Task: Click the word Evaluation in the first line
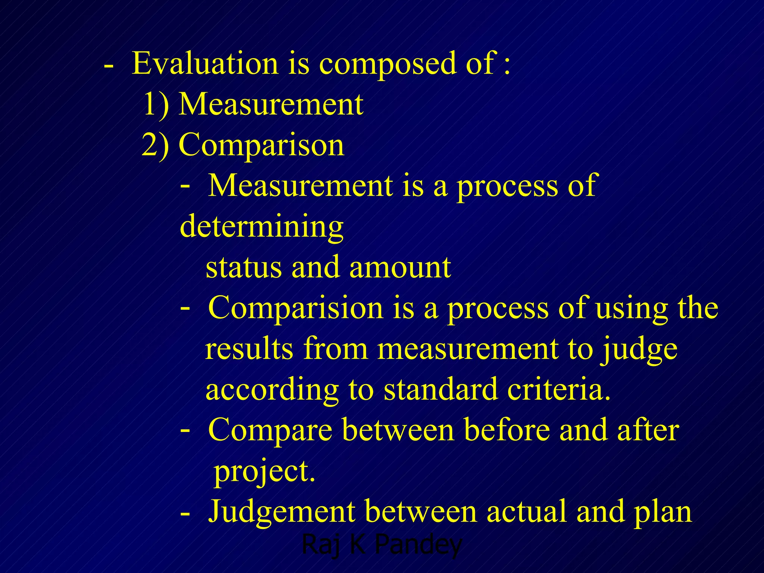pyautogui.click(x=205, y=63)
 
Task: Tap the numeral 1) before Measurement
pyautogui.click(x=156, y=104)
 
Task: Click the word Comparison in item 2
pyautogui.click(x=262, y=145)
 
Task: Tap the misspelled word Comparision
pyautogui.click(x=295, y=308)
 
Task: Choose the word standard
pyautogui.click(x=441, y=389)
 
